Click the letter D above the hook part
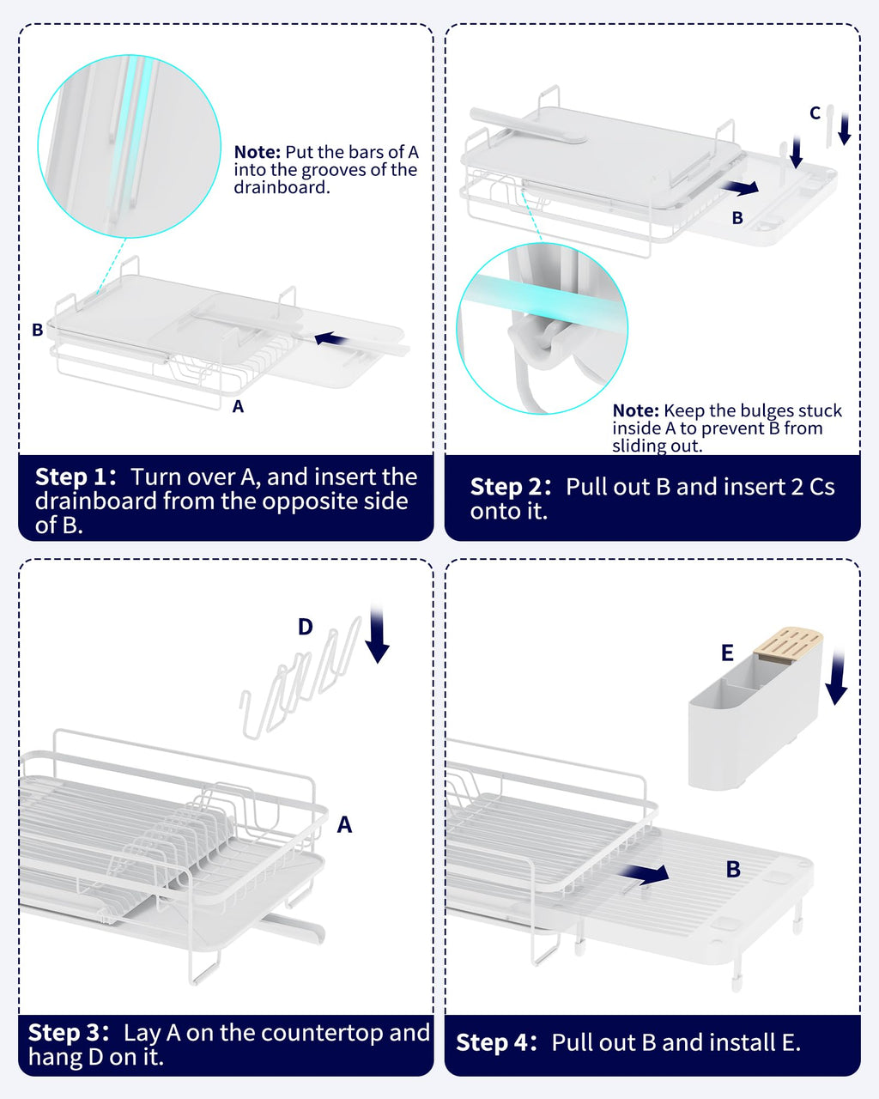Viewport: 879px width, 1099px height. (306, 627)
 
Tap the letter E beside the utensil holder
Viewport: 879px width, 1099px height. (727, 653)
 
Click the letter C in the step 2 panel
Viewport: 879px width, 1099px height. (815, 112)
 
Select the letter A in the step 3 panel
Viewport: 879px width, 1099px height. (344, 825)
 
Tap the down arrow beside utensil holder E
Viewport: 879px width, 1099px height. (837, 678)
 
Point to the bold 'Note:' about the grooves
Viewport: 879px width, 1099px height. (257, 152)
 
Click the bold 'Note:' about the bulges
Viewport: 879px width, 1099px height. (635, 410)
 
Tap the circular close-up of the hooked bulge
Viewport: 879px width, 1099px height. (542, 328)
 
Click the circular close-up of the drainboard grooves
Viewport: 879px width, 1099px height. (129, 146)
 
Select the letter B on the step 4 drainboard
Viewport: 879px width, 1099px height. (733, 869)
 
